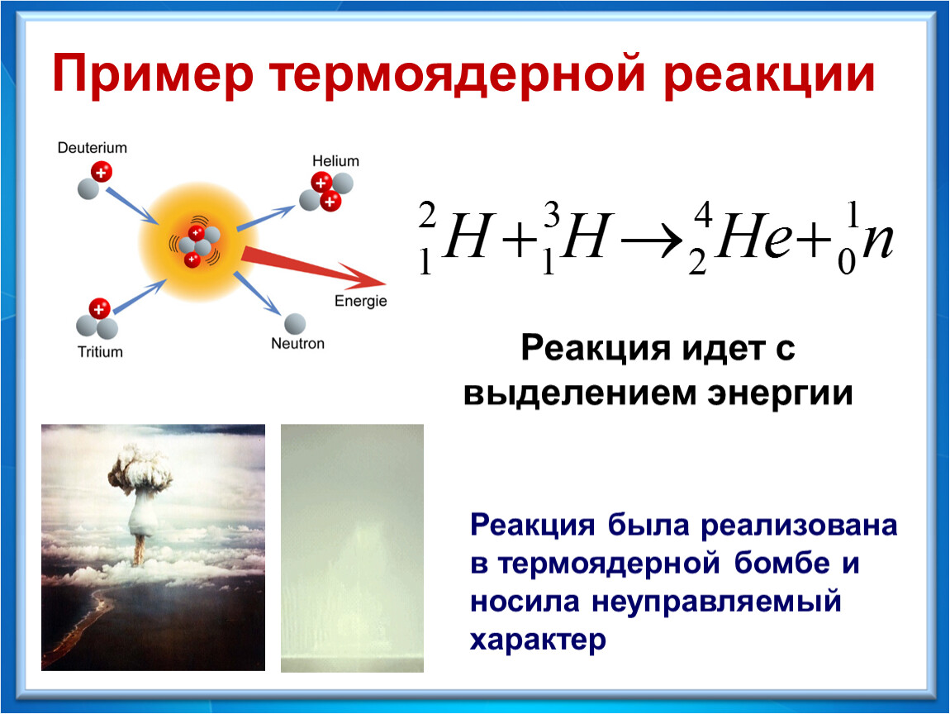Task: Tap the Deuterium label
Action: pos(92,148)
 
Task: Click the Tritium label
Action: pos(100,352)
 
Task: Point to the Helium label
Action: pos(335,161)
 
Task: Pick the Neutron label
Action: pos(297,344)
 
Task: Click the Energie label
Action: pos(360,302)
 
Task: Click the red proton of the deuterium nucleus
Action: pos(101,172)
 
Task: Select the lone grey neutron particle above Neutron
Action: pos(295,324)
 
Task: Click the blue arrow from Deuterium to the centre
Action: pos(133,206)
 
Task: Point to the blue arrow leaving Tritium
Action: pos(140,296)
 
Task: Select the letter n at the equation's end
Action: pos(877,242)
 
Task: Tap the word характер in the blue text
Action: pos(538,640)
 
